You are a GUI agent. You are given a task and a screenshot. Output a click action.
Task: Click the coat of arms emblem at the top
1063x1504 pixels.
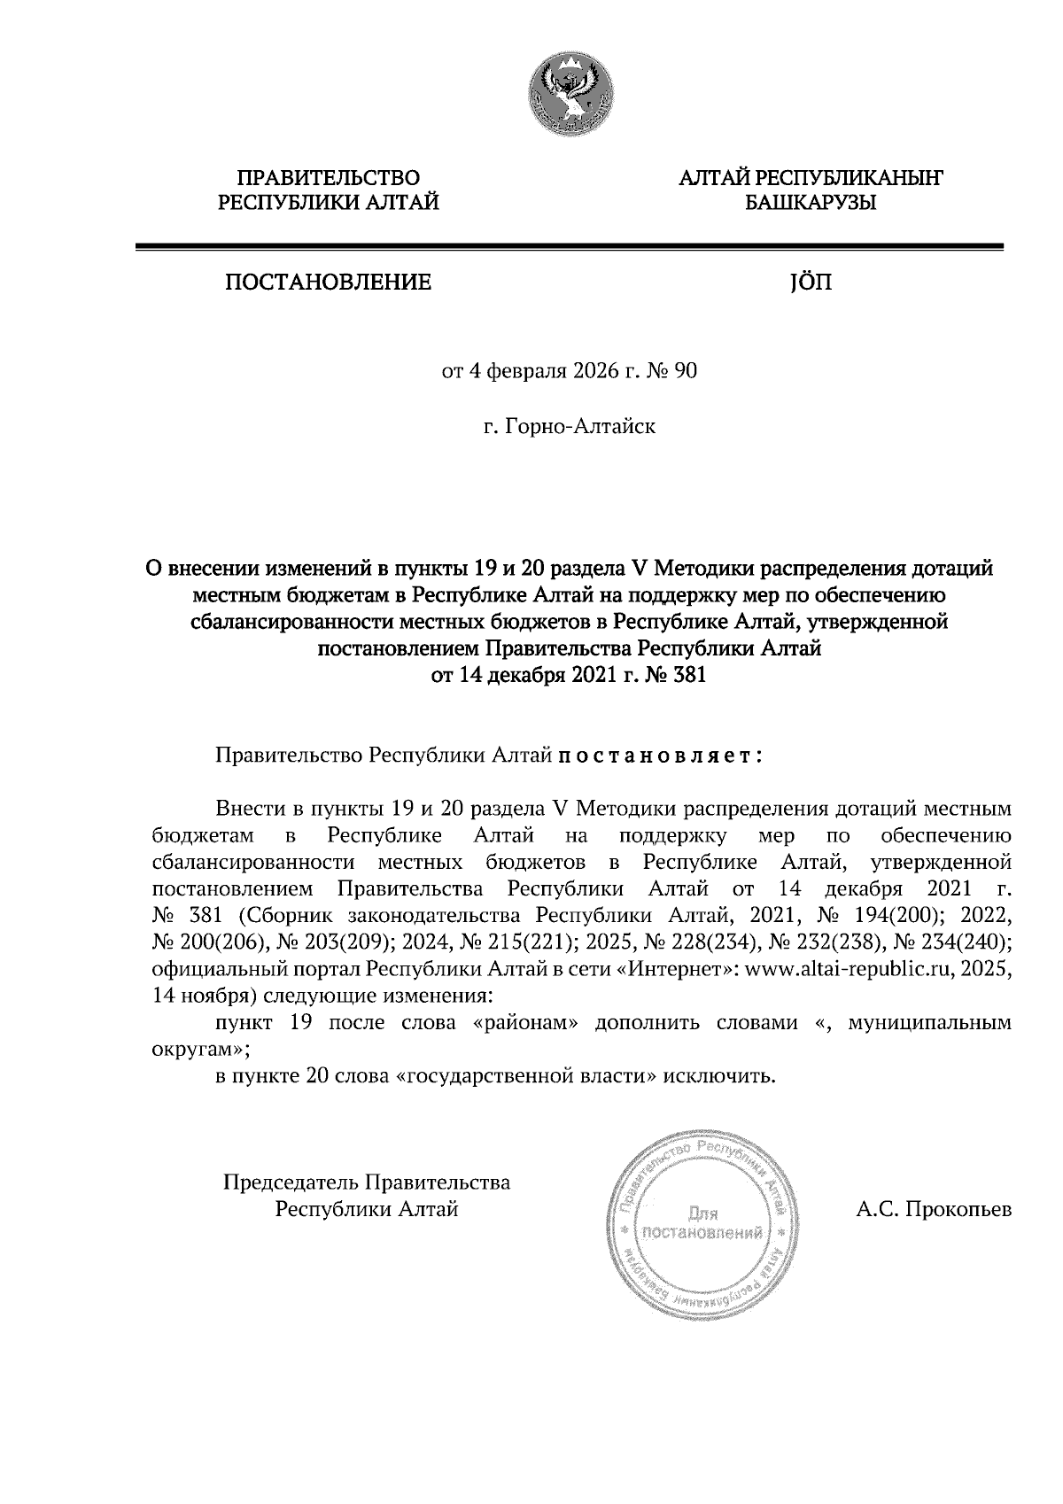[570, 94]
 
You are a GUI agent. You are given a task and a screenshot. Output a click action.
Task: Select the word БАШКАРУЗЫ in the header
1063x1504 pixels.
[811, 205]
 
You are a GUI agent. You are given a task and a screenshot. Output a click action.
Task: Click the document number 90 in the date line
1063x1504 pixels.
[687, 371]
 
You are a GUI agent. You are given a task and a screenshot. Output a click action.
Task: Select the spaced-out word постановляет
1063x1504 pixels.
[660, 757]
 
